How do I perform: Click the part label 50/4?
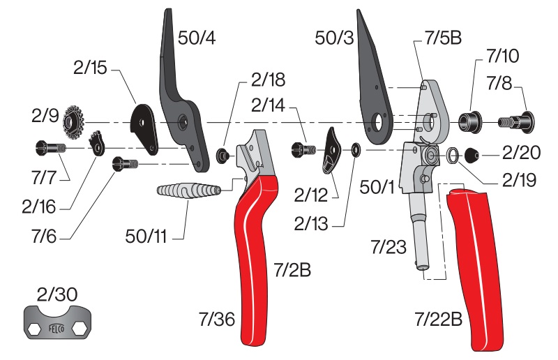click(197, 38)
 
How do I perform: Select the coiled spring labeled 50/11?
click(188, 190)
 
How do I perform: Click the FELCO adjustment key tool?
click(58, 322)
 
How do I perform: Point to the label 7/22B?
click(439, 319)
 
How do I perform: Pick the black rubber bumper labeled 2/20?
click(472, 156)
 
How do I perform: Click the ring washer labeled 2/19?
click(453, 154)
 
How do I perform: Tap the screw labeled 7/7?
click(51, 147)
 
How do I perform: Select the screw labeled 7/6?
click(125, 164)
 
